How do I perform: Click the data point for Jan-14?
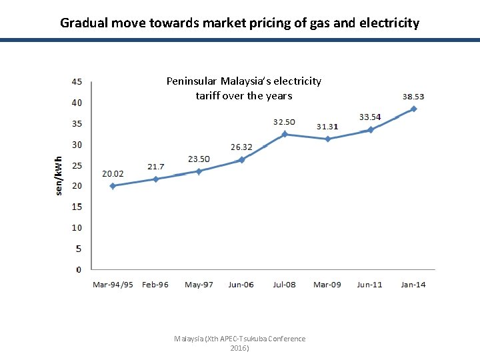coord(413,109)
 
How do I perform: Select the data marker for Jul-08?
coord(285,134)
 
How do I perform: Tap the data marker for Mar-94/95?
coord(113,186)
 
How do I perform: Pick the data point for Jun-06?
coord(241,160)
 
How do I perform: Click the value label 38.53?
coord(413,97)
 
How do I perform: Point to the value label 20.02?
coord(113,173)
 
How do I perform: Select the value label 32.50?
coord(284,122)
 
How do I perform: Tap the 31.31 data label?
coord(327,126)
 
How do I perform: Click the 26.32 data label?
coord(241,147)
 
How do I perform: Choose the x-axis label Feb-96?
coord(155,285)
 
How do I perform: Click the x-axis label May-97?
coord(199,285)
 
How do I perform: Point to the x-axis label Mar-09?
coord(327,285)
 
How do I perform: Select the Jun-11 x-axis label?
coord(370,285)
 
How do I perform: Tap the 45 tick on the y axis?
coord(77,82)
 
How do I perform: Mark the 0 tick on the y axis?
coord(79,269)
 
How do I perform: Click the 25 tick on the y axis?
coord(77,165)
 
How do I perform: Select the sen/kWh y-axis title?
coord(59,175)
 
